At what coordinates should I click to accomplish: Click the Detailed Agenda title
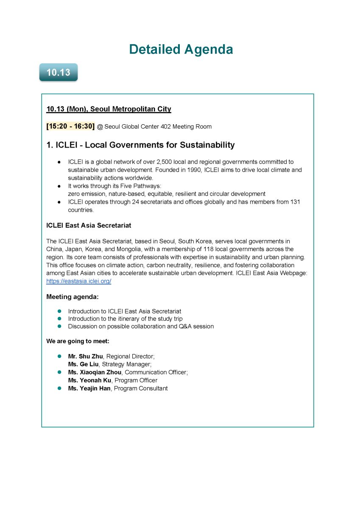pos(181,50)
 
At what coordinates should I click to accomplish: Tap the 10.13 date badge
pos(58,73)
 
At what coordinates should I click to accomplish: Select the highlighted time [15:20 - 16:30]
pos(70,126)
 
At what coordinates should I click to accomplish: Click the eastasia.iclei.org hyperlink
pos(78,281)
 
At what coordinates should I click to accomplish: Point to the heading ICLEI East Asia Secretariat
pos(89,225)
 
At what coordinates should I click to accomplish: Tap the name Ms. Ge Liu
pos(84,364)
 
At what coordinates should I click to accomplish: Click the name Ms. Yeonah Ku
pos(89,380)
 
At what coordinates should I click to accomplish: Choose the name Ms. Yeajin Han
pos(89,389)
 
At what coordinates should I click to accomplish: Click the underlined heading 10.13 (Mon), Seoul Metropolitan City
pos(109,109)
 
